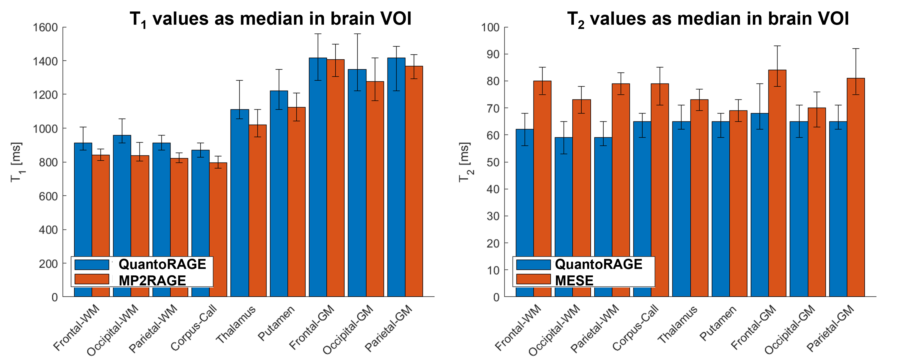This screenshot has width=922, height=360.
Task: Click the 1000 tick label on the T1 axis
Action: point(45,129)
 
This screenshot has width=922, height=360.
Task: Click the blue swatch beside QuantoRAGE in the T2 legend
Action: point(533,264)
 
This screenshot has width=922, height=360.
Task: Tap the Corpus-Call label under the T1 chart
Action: point(194,327)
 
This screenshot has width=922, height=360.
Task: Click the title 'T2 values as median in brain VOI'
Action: point(708,19)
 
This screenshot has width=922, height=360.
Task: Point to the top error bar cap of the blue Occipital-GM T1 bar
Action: point(357,34)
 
